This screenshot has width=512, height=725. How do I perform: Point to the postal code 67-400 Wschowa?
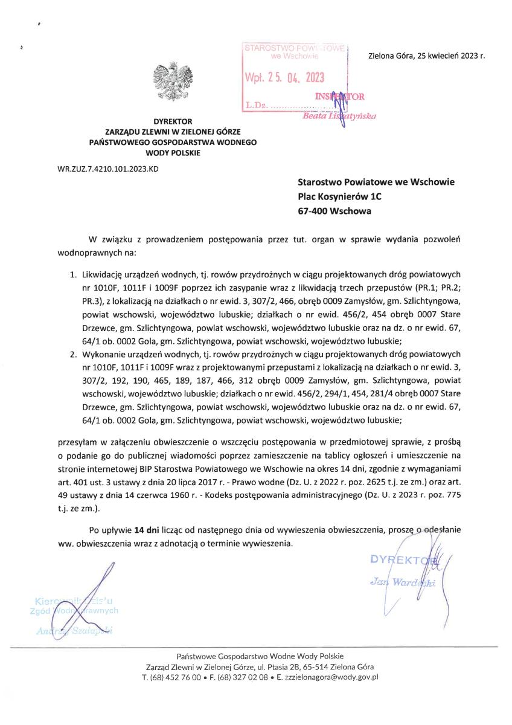[x=335, y=211]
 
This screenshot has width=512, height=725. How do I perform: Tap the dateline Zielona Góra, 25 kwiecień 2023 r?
[x=426, y=56]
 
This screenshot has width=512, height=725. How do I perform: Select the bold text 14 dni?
[x=147, y=530]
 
